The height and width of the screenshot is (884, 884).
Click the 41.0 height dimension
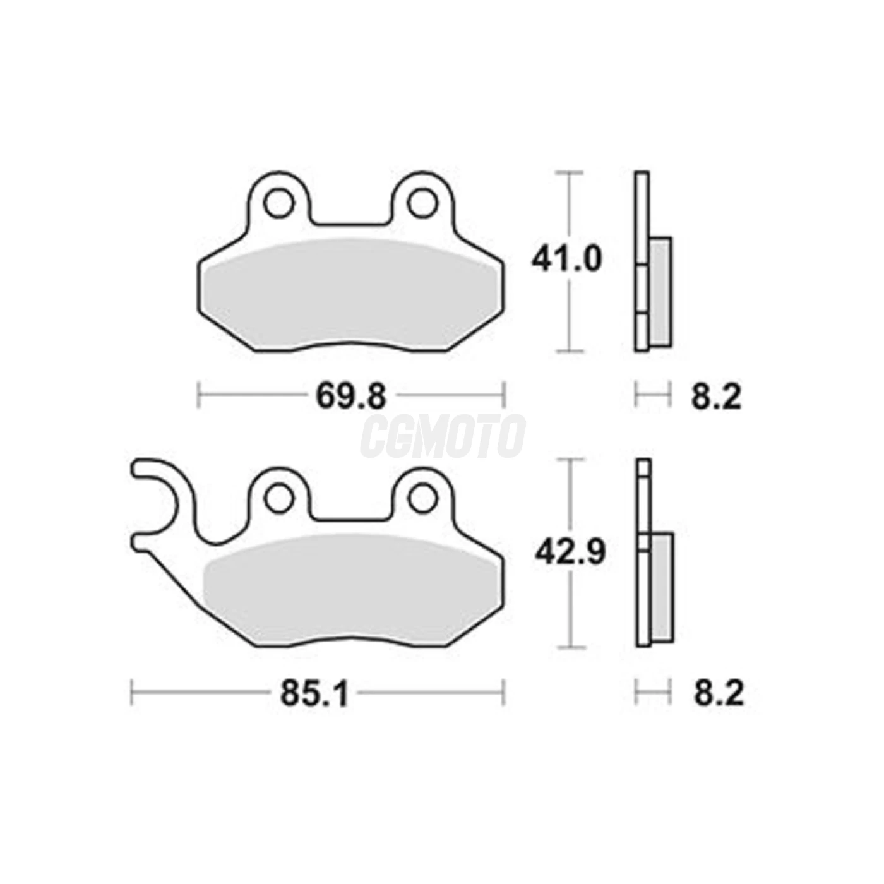(566, 260)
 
